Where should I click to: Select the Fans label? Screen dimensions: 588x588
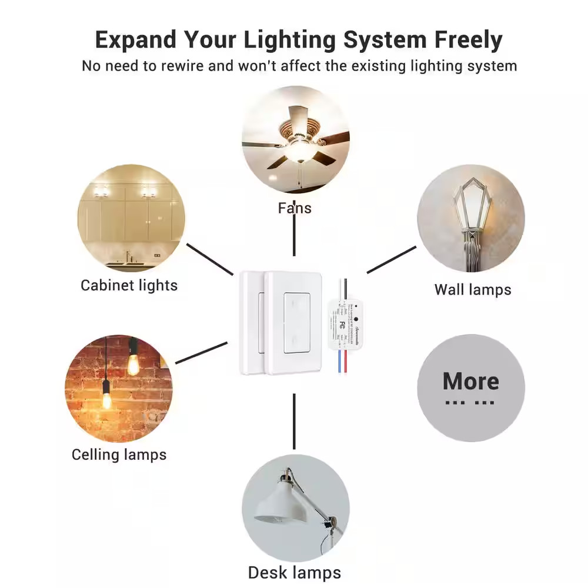pyautogui.click(x=295, y=208)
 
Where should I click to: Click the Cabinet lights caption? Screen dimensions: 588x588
pyautogui.click(x=129, y=286)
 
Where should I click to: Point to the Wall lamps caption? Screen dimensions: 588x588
pyautogui.click(x=473, y=289)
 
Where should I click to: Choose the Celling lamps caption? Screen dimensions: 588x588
pyautogui.click(x=119, y=455)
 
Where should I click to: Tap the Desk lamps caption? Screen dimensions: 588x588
pyautogui.click(x=294, y=572)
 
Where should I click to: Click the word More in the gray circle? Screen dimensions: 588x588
pyautogui.click(x=470, y=381)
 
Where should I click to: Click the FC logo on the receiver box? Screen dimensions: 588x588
pyautogui.click(x=341, y=324)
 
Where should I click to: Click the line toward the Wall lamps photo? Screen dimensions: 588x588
pyautogui.click(x=391, y=259)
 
